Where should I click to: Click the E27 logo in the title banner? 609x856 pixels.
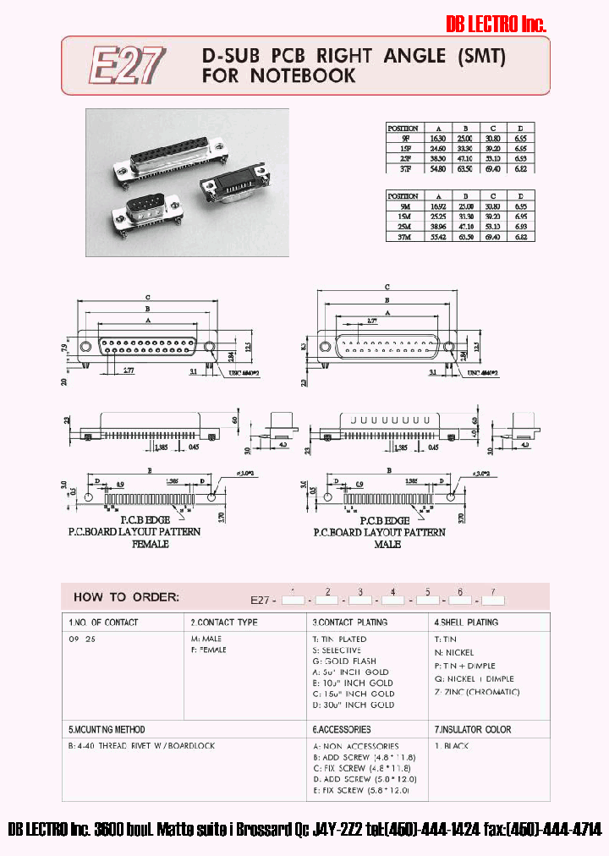127,66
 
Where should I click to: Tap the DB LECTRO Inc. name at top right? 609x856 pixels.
496,25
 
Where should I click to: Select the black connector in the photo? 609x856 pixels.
232,190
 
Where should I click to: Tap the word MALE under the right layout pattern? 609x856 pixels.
388,544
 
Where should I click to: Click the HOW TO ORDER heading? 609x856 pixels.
126,596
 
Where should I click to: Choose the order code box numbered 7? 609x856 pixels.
492,600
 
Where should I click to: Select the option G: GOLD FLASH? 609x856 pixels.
344,661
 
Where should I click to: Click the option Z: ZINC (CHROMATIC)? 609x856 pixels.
477,692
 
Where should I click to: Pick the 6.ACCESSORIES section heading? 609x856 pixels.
341,729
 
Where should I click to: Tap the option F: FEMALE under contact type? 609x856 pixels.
209,650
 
